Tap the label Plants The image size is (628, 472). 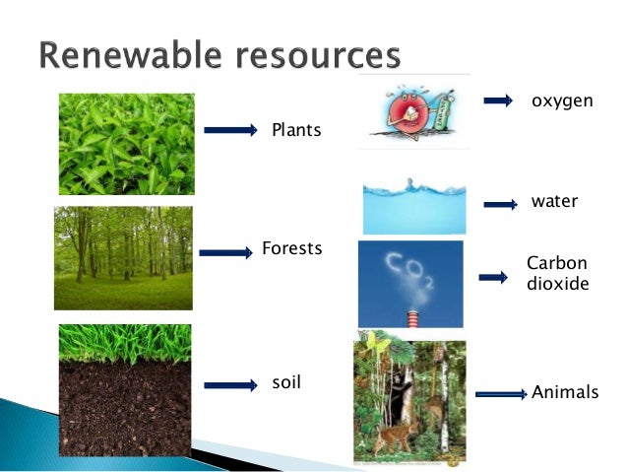point(296,130)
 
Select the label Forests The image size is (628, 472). point(292,248)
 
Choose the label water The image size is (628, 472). point(554,202)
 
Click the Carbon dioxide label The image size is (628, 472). point(557,274)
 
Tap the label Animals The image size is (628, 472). point(565,392)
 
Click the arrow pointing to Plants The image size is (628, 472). point(231,129)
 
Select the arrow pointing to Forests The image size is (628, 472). point(225,253)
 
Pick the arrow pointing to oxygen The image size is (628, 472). point(499,101)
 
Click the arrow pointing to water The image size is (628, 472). point(501,205)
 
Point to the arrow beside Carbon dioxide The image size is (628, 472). point(493,278)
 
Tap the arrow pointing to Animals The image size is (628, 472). point(502,393)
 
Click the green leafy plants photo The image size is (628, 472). point(126,144)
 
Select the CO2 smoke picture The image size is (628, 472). point(410,284)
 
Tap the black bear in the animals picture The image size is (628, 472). point(403,394)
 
